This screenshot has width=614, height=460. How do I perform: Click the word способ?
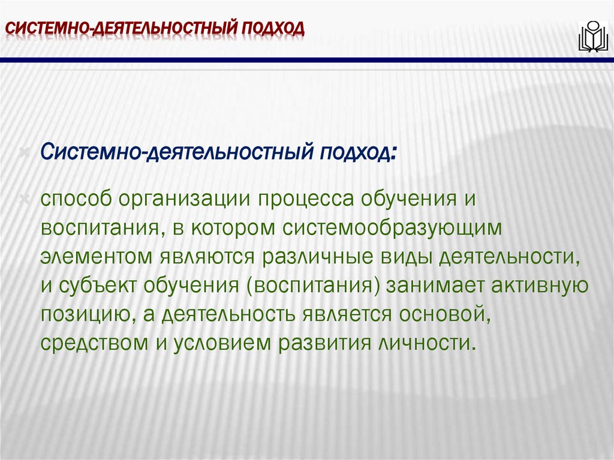pyautogui.click(x=75, y=200)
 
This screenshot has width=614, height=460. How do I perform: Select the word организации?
pyautogui.click(x=184, y=200)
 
